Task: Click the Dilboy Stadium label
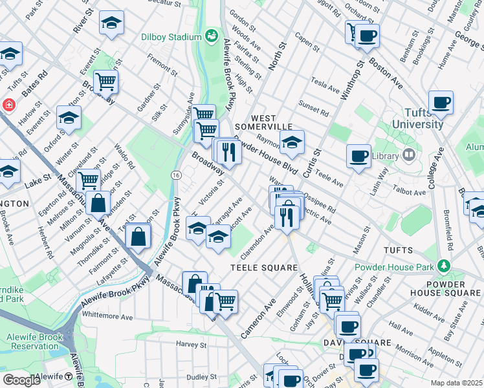[171, 37]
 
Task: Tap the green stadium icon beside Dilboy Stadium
[210, 35]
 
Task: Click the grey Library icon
[408, 155]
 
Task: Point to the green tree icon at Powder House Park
[444, 266]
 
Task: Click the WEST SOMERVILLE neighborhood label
[263, 122]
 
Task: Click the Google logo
[21, 380]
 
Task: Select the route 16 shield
[175, 175]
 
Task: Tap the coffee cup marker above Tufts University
[441, 102]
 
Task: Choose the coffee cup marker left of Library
[358, 156]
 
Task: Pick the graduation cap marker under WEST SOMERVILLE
[292, 142]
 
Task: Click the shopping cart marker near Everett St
[105, 81]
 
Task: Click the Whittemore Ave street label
[107, 316]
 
